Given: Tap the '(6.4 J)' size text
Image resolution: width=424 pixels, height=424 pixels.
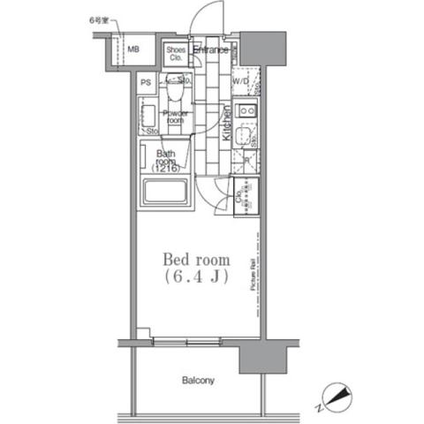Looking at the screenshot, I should (195, 277).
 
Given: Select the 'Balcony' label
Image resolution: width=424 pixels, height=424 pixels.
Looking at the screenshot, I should (198, 381).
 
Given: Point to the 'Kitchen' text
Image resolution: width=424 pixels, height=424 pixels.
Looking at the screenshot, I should (226, 124).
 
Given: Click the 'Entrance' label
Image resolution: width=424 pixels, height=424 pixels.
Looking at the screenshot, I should (211, 50).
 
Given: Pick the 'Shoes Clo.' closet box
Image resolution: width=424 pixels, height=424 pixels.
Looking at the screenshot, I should (175, 54).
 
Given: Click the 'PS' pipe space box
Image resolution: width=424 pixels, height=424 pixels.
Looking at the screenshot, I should (146, 82).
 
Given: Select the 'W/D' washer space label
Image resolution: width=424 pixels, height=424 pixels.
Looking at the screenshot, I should (240, 82).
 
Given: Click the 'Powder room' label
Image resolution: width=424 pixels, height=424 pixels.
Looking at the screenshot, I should (175, 117).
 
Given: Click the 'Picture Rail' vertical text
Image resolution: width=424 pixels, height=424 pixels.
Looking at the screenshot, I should (254, 276).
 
